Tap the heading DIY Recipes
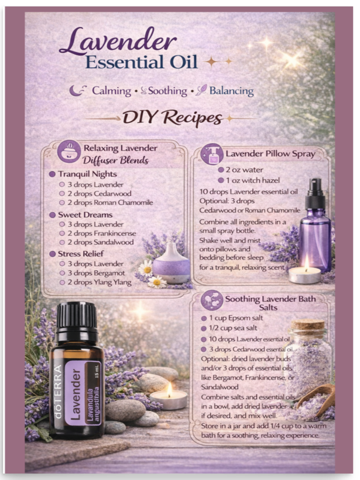(x=172, y=118)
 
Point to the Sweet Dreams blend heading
(x=86, y=215)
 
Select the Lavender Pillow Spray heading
(x=270, y=154)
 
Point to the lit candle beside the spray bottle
(x=304, y=272)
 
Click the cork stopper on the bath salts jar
(x=308, y=325)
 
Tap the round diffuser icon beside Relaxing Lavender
(x=69, y=151)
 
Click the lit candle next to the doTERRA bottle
(x=168, y=398)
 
